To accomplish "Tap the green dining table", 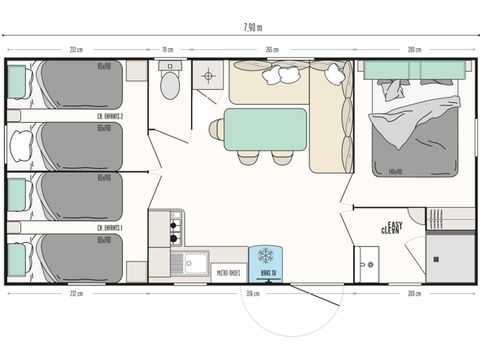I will click(265, 129).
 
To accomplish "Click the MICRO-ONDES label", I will click(228, 272).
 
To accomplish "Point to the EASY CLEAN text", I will click(393, 227).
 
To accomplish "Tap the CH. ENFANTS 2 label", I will click(109, 117).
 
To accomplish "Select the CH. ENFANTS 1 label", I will click(109, 227).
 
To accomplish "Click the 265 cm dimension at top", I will click(272, 49).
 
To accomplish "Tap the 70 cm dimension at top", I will click(168, 49).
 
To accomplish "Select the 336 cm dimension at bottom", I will click(252, 294).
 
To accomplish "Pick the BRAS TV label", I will click(266, 272).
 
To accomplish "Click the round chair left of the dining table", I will click(215, 129).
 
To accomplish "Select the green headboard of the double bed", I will click(414, 69).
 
